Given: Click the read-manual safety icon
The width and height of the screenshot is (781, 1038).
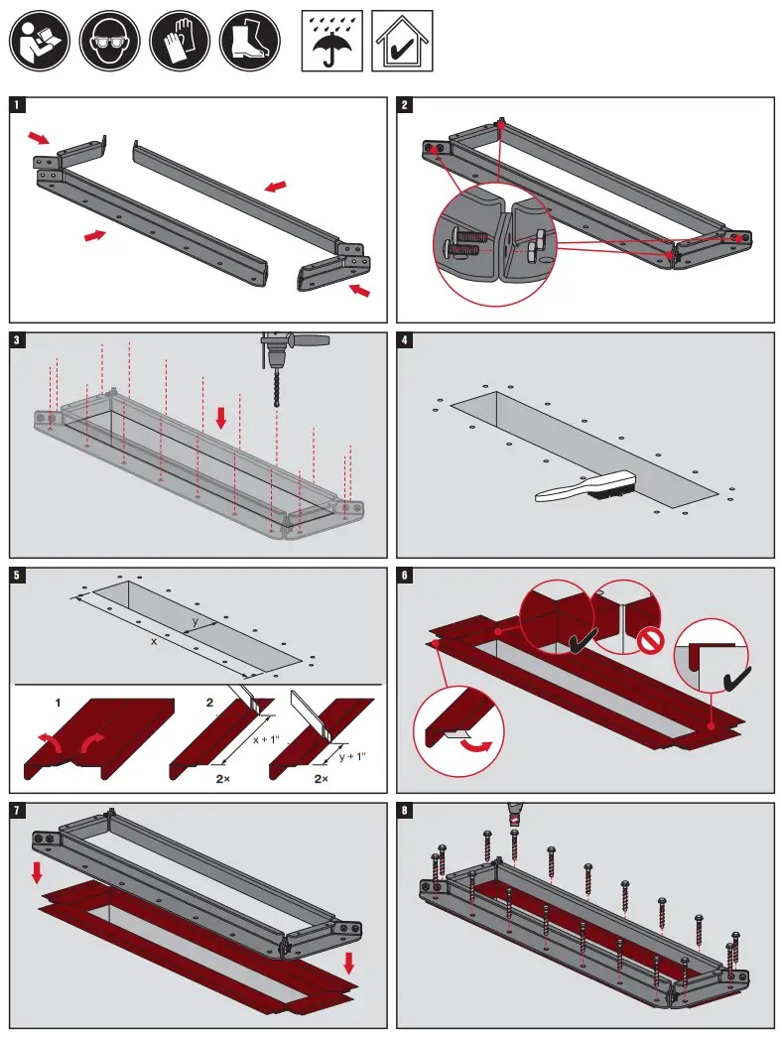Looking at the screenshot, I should click(x=39, y=41).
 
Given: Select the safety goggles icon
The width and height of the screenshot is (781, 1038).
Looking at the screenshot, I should click(x=109, y=41).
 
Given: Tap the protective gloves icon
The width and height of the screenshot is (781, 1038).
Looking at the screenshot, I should click(x=180, y=41).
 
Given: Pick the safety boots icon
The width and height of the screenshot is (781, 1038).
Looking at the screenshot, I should click(x=249, y=41).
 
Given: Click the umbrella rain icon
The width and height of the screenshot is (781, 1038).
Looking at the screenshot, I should click(x=331, y=41).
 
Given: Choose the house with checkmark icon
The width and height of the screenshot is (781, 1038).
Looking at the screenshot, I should click(x=402, y=41).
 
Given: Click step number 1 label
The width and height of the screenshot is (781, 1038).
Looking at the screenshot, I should click(x=17, y=104).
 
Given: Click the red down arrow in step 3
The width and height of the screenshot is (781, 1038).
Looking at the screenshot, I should click(x=220, y=416).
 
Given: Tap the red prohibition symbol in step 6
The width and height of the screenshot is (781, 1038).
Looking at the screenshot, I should click(x=650, y=641).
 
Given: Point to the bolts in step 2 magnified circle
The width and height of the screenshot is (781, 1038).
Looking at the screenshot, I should click(x=466, y=243).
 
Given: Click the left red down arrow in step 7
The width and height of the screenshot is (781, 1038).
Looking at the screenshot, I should click(x=37, y=872).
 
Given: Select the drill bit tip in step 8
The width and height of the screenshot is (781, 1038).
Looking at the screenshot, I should click(x=514, y=820).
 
